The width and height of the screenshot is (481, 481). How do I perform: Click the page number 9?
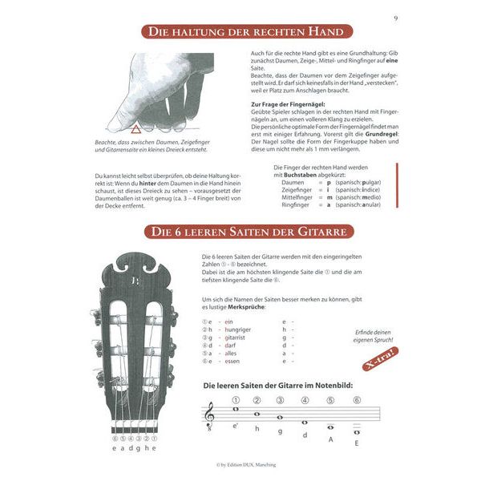click(x=395, y=18)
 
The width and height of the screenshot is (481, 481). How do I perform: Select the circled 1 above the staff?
click(x=236, y=400)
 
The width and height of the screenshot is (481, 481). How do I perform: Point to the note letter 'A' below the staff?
click(x=330, y=439)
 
